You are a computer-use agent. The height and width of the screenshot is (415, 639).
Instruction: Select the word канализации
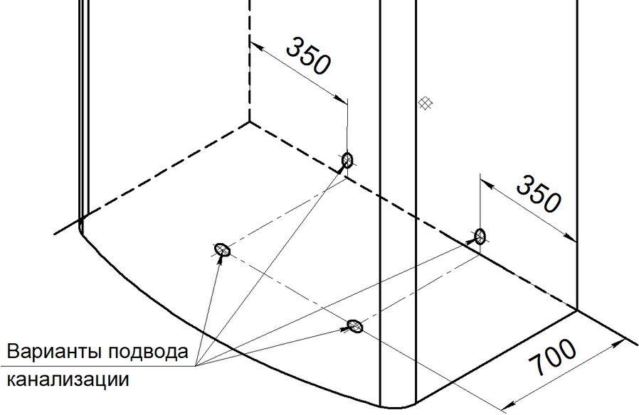(68, 379)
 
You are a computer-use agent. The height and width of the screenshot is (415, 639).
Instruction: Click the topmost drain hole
(347, 160)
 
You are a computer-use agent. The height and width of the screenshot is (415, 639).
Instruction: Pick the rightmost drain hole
(480, 236)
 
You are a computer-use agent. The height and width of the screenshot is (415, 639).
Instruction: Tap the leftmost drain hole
(223, 249)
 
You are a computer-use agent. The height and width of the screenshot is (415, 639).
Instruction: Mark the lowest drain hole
(354, 326)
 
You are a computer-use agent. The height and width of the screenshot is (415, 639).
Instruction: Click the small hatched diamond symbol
(425, 104)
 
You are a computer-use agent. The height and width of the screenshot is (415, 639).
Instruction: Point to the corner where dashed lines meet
(249, 122)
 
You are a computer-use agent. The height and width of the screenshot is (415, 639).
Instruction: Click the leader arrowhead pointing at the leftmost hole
(221, 257)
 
